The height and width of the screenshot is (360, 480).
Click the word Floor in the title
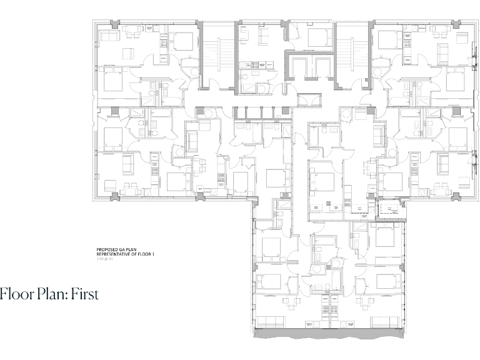coord(14,294)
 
